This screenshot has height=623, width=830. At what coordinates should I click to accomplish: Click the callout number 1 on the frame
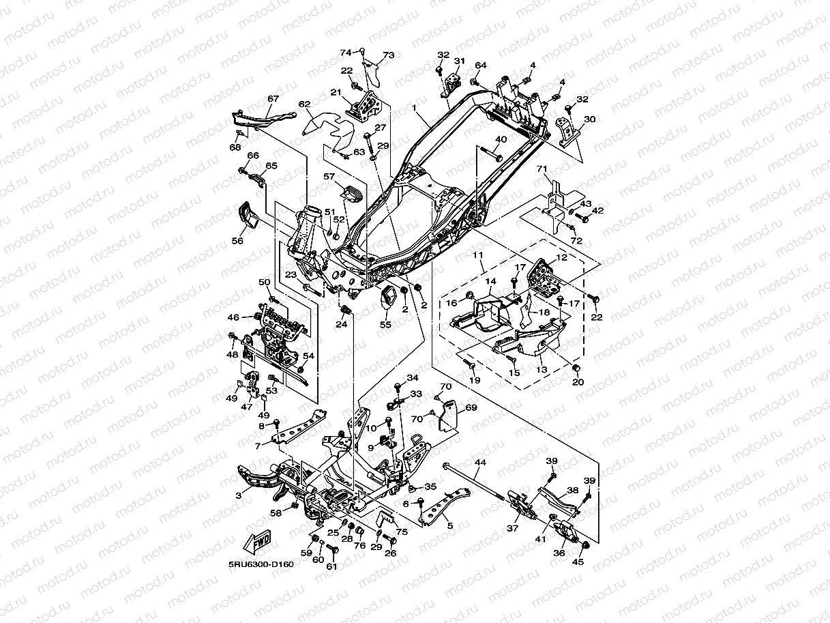click(x=414, y=108)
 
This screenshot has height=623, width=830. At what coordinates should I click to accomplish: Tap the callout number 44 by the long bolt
click(x=480, y=463)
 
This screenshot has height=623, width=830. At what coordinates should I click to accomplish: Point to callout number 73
click(x=389, y=55)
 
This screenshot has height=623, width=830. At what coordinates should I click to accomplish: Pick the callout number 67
click(x=273, y=99)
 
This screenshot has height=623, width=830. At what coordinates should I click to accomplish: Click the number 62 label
click(x=305, y=105)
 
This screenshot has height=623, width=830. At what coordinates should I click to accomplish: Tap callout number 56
click(x=237, y=240)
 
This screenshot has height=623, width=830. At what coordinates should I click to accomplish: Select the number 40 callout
click(x=501, y=139)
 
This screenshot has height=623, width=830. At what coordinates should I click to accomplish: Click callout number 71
click(x=542, y=169)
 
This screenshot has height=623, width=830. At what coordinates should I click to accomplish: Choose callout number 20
click(x=578, y=382)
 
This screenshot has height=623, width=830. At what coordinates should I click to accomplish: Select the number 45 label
click(x=578, y=562)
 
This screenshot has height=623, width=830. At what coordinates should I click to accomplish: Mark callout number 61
click(x=332, y=566)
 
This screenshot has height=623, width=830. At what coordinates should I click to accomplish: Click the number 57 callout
click(x=329, y=177)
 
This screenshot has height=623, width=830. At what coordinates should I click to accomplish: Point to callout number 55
click(x=385, y=325)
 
